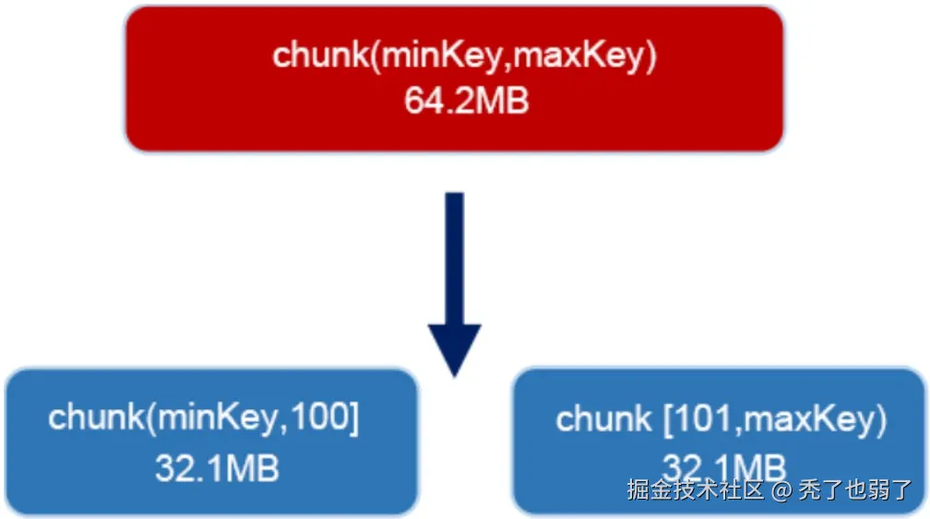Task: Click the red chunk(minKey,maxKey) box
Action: pyautogui.click(x=454, y=78)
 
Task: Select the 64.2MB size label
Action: pyautogui.click(x=466, y=100)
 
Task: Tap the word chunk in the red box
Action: pyautogui.click(x=321, y=55)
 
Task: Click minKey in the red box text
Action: pyautogui.click(x=441, y=55)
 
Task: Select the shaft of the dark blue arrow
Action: pyautogui.click(x=454, y=258)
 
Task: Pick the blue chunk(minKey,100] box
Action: pyautogui.click(x=212, y=442)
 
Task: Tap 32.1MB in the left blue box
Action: pyautogui.click(x=217, y=468)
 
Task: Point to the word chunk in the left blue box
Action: pyautogui.click(x=96, y=417)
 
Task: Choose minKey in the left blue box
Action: pyautogui.click(x=217, y=418)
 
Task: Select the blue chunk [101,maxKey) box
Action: pyautogui.click(x=719, y=442)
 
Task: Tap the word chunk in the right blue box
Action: pyautogui.click(x=603, y=419)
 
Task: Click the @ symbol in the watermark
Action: pyautogui.click(x=781, y=490)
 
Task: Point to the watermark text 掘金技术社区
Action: pyautogui.click(x=695, y=490)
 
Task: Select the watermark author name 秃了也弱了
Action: pyautogui.click(x=855, y=490)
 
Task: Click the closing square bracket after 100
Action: pyautogui.click(x=354, y=419)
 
